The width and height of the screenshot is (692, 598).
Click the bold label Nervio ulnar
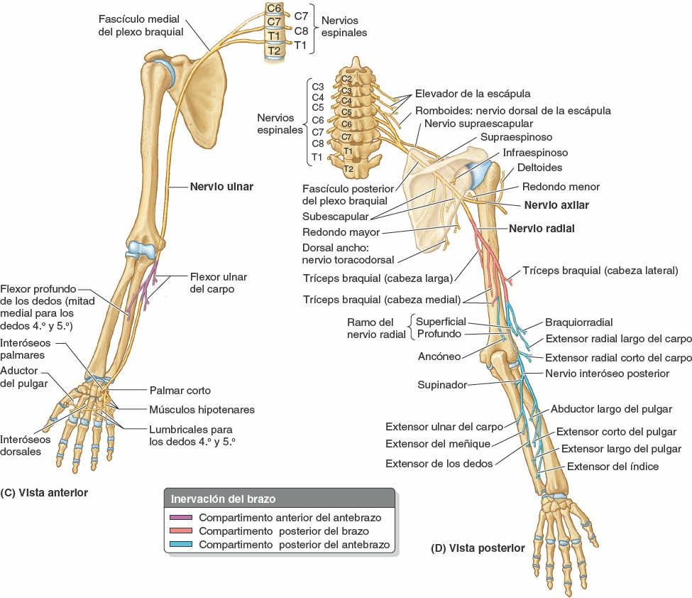221,187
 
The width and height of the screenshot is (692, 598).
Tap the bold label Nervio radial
542,229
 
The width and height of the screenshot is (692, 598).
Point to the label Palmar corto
180,391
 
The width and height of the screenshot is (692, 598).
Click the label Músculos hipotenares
202,410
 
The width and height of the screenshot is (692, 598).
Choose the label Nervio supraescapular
474,124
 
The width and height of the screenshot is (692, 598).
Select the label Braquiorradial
578,322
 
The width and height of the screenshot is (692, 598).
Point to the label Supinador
441,385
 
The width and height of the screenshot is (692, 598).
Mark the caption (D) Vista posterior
478,548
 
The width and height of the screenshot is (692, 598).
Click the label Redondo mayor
341,232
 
